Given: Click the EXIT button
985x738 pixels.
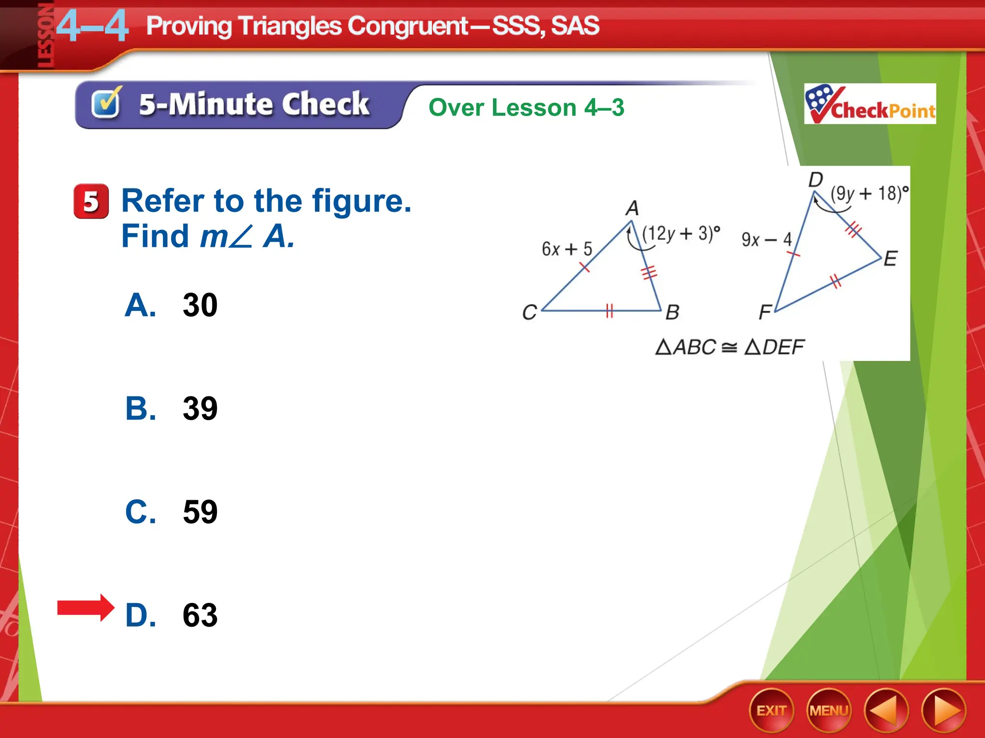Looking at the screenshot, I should [771, 711].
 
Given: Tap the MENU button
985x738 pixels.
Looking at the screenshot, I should [829, 711].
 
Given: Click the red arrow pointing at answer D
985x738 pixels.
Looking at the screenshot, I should [86, 608].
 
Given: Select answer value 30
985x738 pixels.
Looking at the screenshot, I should [200, 305].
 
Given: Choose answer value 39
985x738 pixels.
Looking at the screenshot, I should [200, 408].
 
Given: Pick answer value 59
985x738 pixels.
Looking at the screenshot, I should [200, 512].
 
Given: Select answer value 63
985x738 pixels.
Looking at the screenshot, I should [200, 615].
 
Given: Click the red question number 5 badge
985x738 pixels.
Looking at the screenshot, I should [91, 201].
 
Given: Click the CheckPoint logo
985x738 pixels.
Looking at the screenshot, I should [870, 104].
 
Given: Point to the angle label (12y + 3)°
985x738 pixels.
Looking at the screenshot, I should [681, 234].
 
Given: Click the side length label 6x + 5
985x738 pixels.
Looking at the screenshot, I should [567, 249].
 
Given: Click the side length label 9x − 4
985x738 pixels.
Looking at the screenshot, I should [766, 239].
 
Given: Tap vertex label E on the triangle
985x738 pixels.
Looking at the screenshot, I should [890, 259].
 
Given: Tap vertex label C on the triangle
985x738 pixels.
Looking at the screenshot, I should [529, 312].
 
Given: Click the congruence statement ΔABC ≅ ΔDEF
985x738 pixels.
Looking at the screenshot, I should [730, 347].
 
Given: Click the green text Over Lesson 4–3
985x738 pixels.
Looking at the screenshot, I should [526, 107].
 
